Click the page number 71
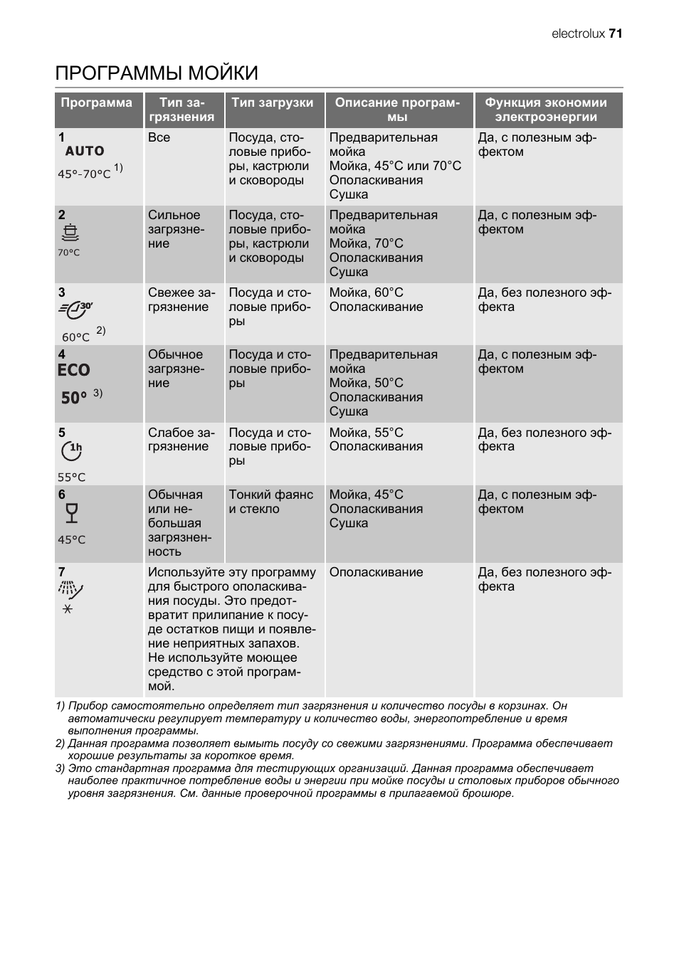point(616,33)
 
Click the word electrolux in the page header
point(578,33)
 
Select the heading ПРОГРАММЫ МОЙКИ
point(157,73)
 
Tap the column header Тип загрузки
point(273,102)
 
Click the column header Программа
point(97,102)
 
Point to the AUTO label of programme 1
point(85,151)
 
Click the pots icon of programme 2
point(70,233)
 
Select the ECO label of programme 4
point(74,370)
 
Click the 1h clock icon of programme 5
point(72,450)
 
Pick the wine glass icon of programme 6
point(70,512)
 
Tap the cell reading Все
point(159,137)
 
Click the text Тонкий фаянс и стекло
point(270,502)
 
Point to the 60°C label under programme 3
point(75,337)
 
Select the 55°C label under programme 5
point(71,477)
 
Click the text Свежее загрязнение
point(181,300)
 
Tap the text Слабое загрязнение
point(181,440)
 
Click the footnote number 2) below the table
point(60,744)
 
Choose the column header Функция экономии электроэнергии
point(546,110)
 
